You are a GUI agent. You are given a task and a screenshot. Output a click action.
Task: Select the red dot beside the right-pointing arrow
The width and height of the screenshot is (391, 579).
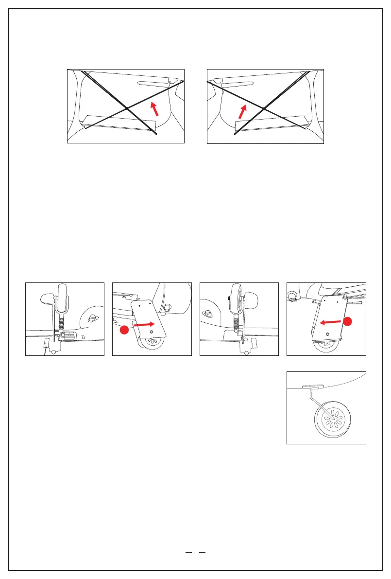click(124, 331)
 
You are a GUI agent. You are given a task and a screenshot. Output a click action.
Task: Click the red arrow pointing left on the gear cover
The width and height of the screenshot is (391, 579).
click(330, 321)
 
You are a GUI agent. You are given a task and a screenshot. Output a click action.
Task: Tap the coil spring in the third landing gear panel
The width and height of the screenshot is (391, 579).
click(237, 322)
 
